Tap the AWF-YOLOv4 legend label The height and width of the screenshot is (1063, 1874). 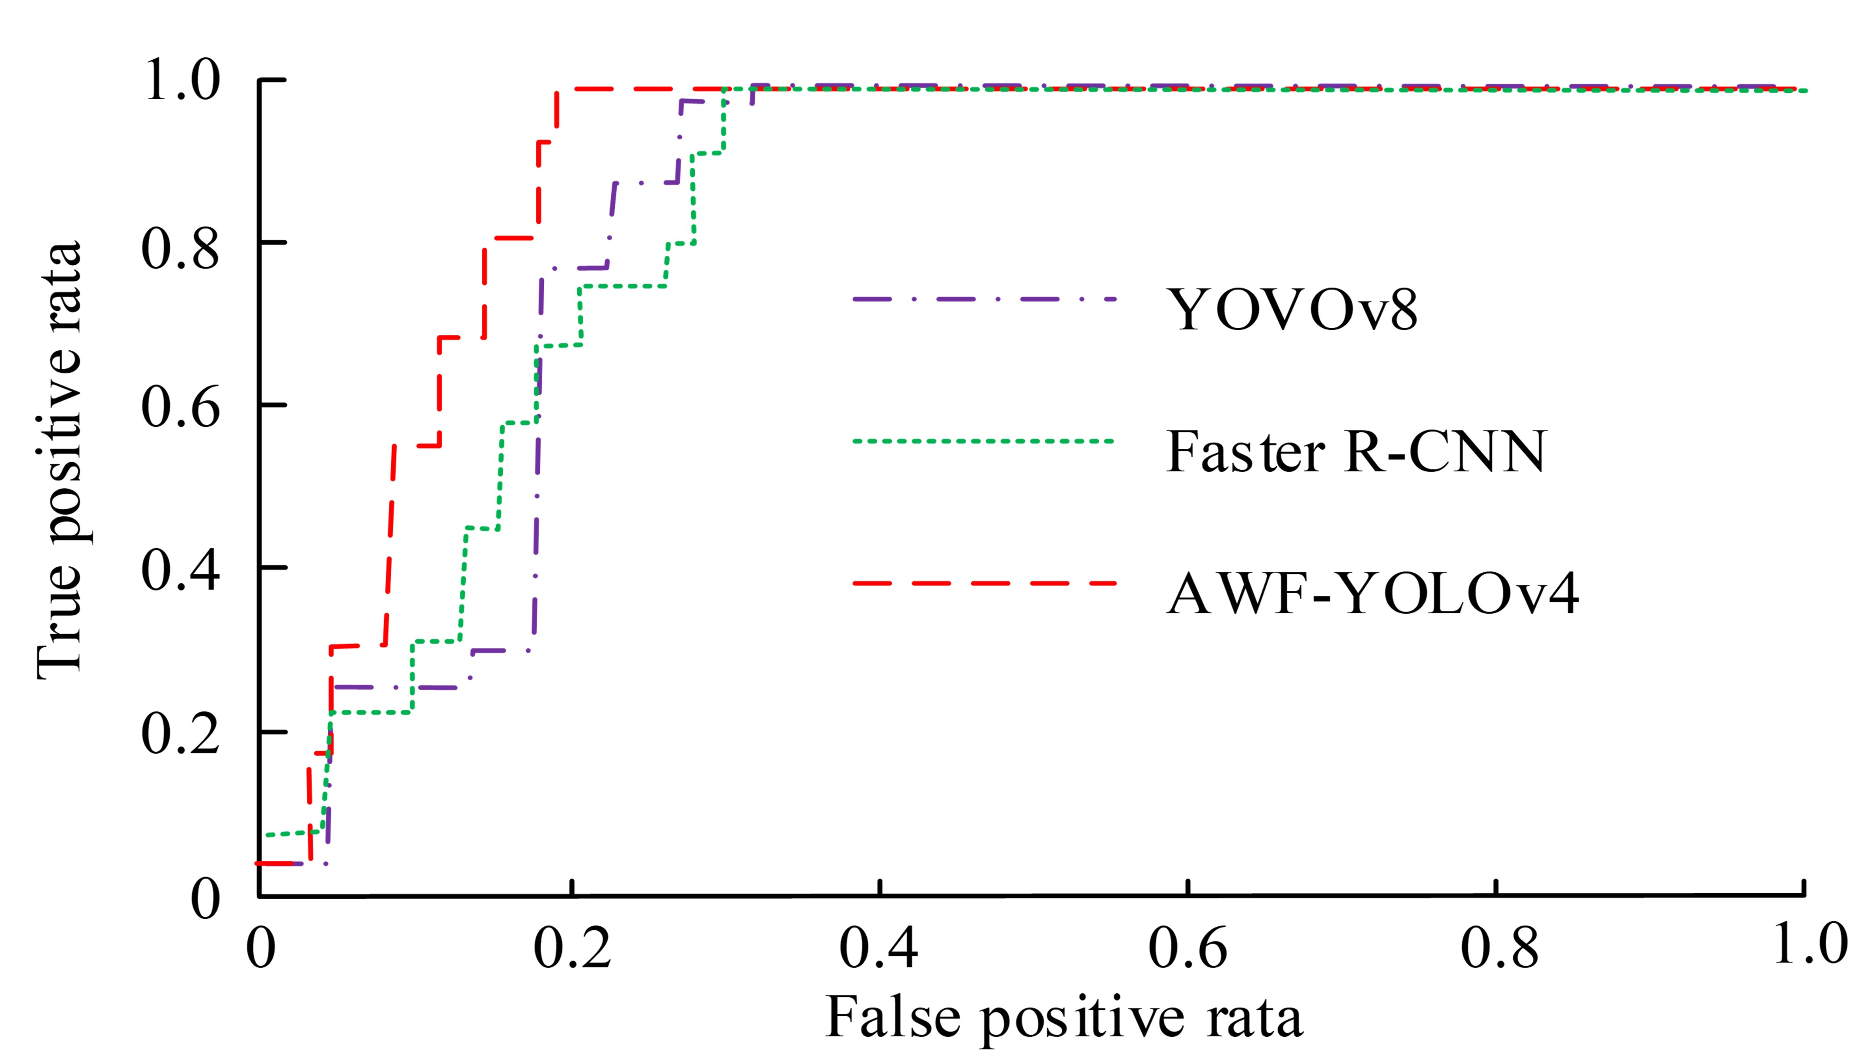click(1373, 594)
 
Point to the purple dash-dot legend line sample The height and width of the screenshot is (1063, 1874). click(984, 299)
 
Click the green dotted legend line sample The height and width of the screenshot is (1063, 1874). click(984, 441)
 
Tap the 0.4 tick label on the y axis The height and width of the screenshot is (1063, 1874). click(180, 570)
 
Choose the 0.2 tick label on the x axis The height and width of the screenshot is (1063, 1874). click(572, 948)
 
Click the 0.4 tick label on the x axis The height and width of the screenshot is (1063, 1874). click(879, 948)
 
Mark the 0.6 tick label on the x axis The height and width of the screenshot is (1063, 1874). click(1187, 948)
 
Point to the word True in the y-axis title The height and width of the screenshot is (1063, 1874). click(60, 622)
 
